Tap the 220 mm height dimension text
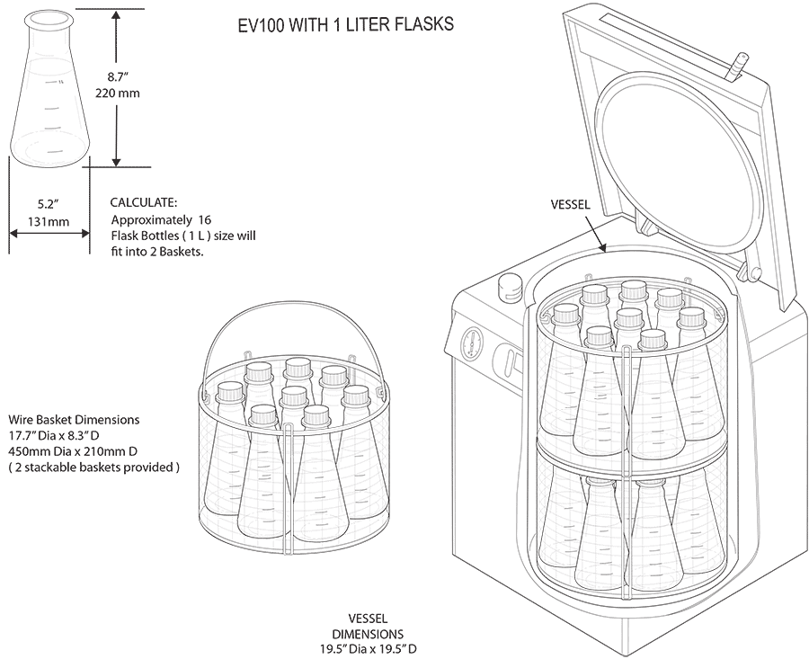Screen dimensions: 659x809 [x=124, y=93]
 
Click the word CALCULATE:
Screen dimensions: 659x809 [x=144, y=203]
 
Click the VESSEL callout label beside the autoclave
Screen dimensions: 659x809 [x=570, y=205]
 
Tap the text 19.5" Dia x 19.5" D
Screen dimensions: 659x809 [x=369, y=648]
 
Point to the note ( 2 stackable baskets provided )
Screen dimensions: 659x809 [x=94, y=468]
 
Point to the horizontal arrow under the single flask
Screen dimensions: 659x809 [x=49, y=232]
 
